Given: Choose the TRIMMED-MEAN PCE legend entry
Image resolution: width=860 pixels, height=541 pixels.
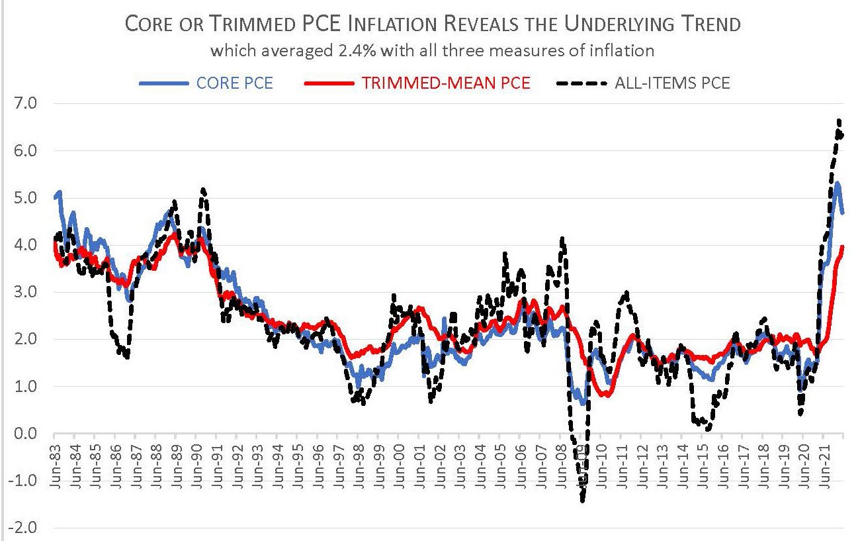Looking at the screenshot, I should click(x=417, y=83).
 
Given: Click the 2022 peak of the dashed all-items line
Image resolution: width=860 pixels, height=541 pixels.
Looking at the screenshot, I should click(x=838, y=121).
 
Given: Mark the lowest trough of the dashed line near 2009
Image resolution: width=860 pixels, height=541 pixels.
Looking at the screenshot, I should click(x=583, y=501).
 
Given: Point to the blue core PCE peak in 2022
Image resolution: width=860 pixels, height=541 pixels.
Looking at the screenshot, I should click(x=837, y=183).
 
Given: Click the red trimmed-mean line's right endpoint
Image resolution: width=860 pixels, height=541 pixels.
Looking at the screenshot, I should click(x=843, y=246).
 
